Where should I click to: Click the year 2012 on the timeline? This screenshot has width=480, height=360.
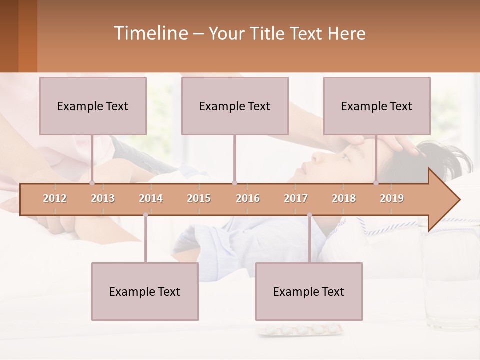(x=55, y=198)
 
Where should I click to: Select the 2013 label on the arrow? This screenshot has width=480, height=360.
(x=103, y=198)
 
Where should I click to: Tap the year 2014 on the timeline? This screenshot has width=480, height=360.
(x=151, y=198)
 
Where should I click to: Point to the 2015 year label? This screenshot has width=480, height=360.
(x=199, y=198)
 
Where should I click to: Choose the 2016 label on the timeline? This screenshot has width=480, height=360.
(x=248, y=198)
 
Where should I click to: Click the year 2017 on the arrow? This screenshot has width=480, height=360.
(x=296, y=198)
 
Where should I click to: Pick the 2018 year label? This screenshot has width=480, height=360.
(x=344, y=198)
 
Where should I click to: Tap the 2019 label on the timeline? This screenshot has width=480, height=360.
(x=392, y=198)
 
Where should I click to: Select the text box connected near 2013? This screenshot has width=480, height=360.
(x=93, y=106)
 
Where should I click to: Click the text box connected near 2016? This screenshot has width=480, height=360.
(x=235, y=106)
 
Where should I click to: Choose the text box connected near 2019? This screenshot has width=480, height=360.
(x=377, y=106)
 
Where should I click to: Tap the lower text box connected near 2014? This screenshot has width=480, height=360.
(x=145, y=291)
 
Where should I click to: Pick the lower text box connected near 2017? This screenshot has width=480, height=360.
(x=309, y=291)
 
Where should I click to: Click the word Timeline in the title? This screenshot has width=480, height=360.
(x=150, y=33)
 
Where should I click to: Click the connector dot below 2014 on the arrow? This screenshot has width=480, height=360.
(x=145, y=215)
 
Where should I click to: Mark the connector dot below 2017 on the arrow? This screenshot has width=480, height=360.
(x=309, y=215)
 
